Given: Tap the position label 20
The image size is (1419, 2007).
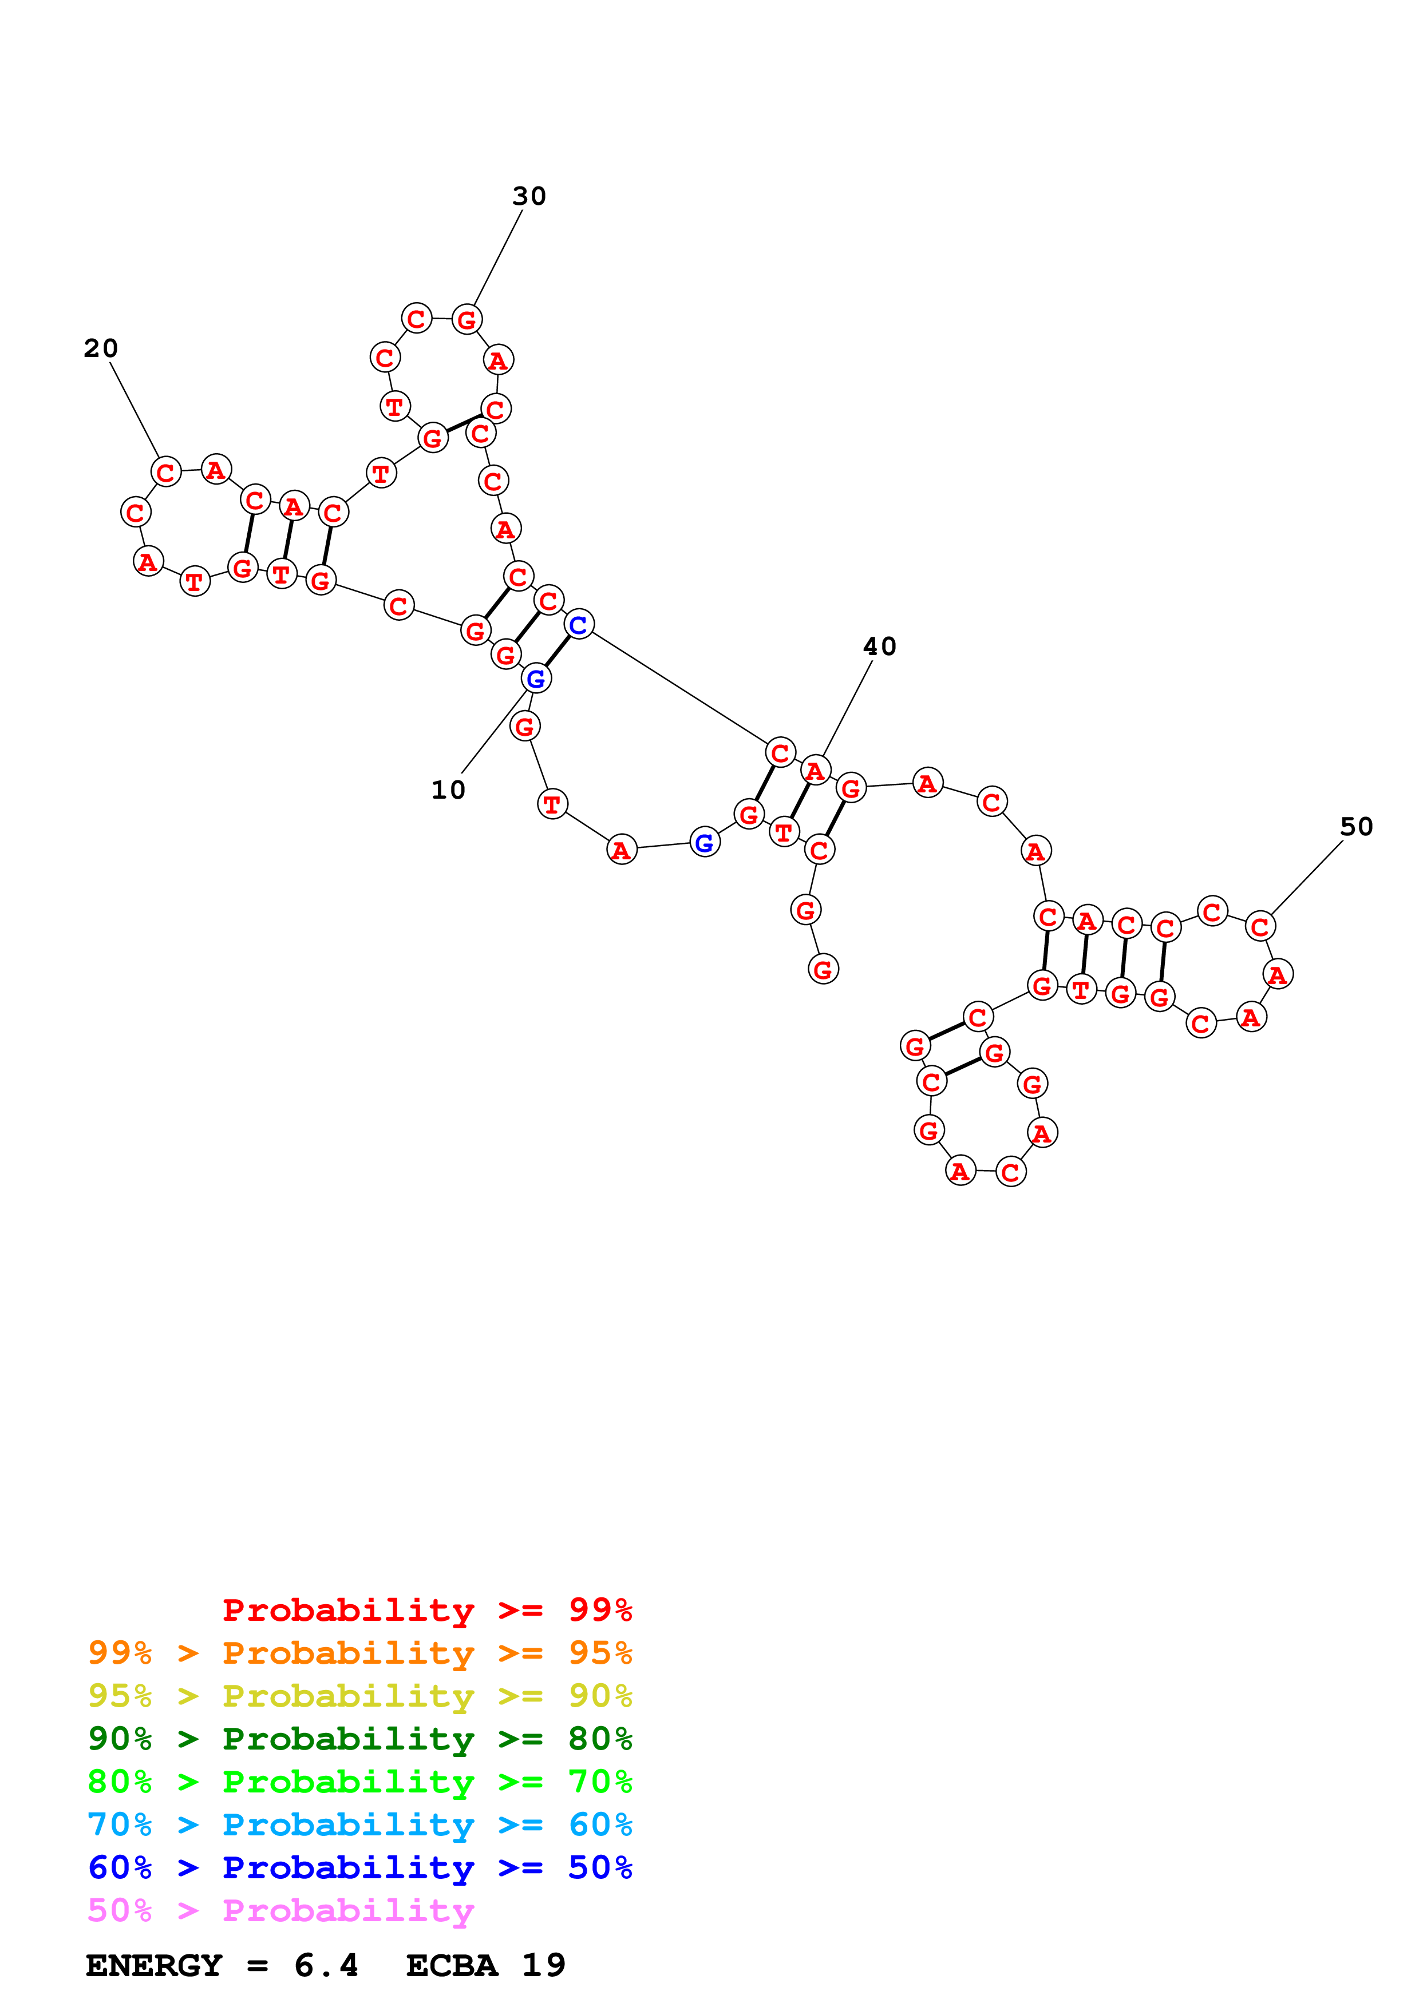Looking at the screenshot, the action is [101, 349].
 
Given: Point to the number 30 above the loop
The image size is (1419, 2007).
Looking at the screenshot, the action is [529, 197].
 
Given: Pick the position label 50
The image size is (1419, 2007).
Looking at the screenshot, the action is [1356, 827].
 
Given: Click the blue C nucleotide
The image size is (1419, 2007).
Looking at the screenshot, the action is [578, 625].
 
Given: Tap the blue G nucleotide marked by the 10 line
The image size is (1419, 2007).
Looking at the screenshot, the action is [536, 679].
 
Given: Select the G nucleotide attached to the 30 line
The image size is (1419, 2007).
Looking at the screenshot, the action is [467, 320].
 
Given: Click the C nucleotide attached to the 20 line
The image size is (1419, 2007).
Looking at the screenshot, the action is [165, 472].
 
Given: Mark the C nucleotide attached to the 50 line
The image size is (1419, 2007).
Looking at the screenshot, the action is [1259, 927].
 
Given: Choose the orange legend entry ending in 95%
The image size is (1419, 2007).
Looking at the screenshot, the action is [359, 1653].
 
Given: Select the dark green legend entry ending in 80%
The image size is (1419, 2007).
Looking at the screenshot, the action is [359, 1739].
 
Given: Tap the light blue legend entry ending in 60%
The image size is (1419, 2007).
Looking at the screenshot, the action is [359, 1824].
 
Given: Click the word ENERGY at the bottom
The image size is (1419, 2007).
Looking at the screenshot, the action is [154, 1966].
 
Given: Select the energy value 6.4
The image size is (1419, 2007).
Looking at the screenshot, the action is [326, 1966].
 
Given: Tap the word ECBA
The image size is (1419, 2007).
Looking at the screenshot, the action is [452, 1966].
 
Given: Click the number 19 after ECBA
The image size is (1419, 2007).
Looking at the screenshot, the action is [544, 1966].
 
